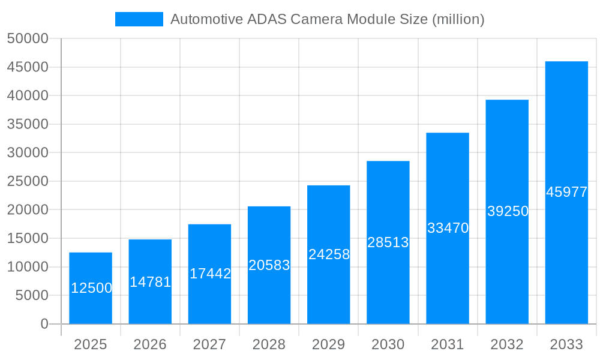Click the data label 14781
151,282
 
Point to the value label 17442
210,274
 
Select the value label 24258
329,254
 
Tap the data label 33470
448,228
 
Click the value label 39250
508,211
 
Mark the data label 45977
566,192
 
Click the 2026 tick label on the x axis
150,344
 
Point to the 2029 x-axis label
329,344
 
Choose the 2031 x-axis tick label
448,344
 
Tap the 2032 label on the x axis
507,344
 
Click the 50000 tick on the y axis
27,38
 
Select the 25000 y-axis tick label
27,181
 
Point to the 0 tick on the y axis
44,324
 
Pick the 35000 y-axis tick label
27,124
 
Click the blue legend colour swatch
139,19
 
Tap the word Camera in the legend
314,19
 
